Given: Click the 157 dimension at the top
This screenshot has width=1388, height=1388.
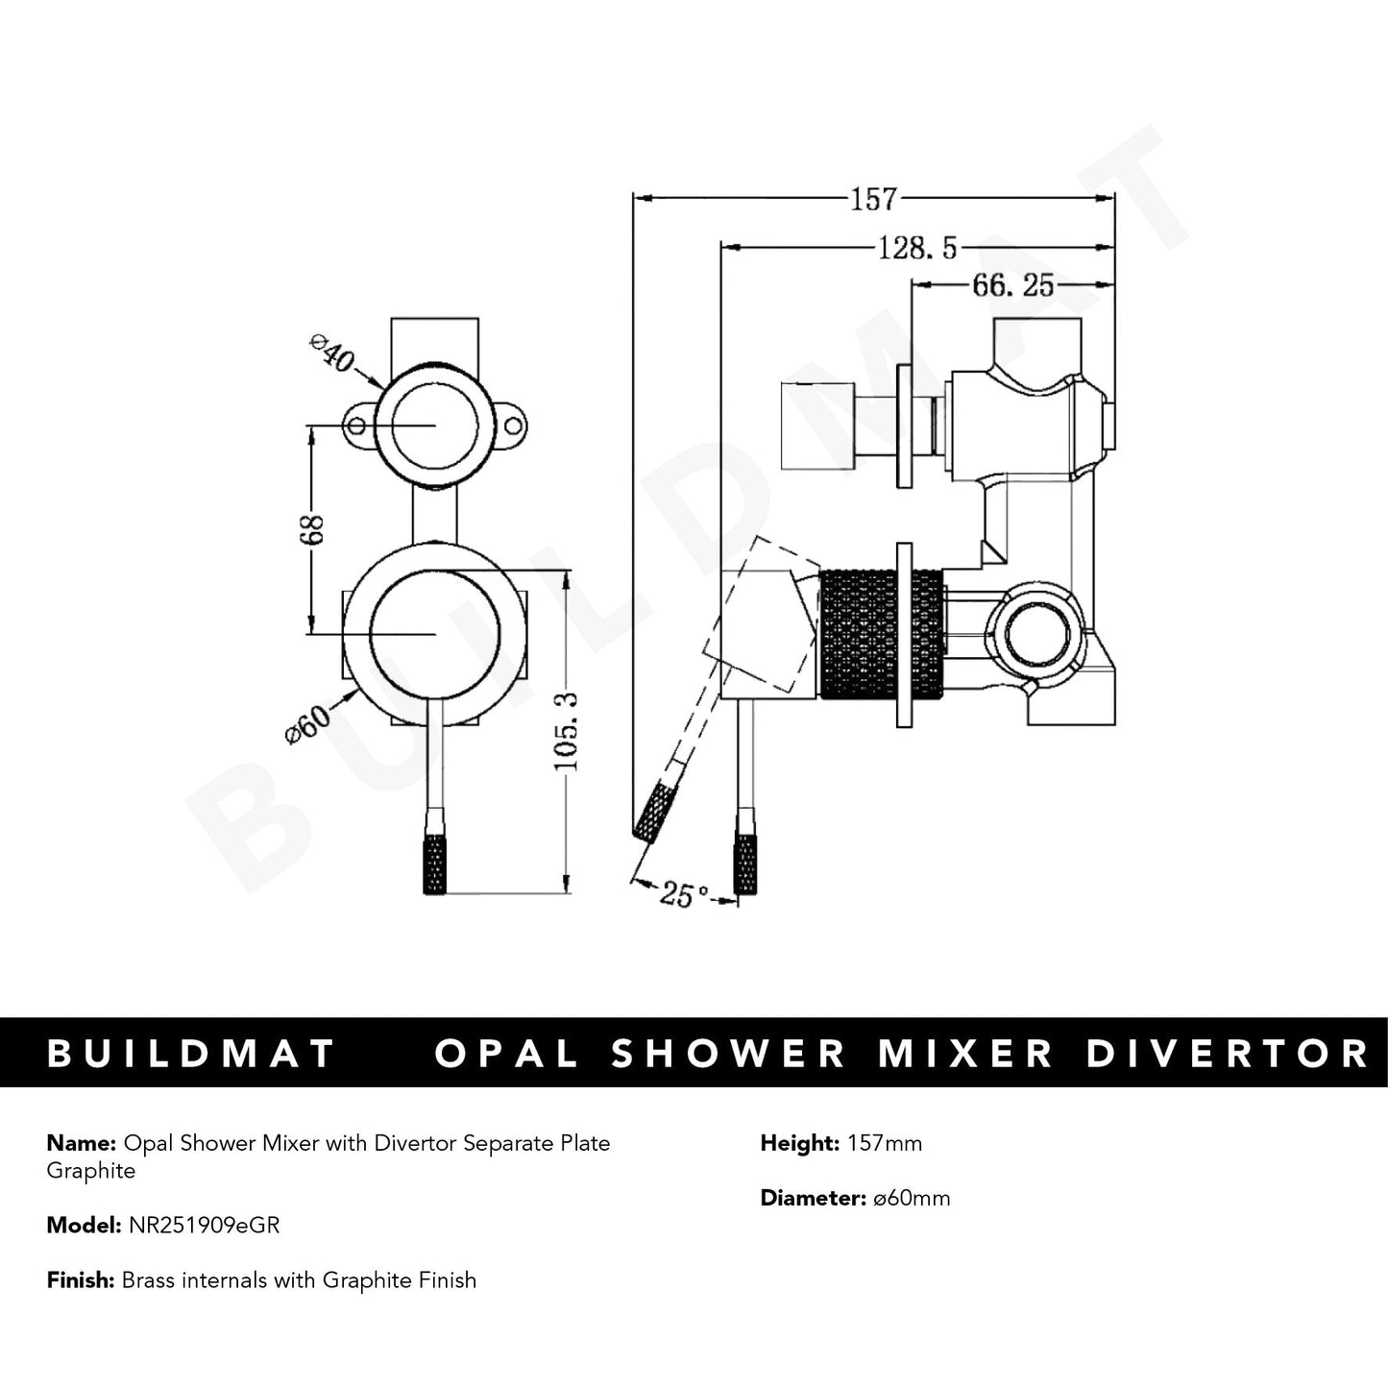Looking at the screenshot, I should pyautogui.click(x=872, y=199).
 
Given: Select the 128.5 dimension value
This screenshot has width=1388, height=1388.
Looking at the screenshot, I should pyautogui.click(x=917, y=249).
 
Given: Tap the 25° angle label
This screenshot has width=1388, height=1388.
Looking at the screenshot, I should pyautogui.click(x=684, y=895).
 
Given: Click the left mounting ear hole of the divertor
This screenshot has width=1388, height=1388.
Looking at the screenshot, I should pyautogui.click(x=357, y=426).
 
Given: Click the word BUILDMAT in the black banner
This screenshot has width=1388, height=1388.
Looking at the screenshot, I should pyautogui.click(x=191, y=1054).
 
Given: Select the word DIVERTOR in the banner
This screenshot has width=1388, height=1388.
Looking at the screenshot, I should pyautogui.click(x=1227, y=1054).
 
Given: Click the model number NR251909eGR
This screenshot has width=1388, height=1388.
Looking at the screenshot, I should pyautogui.click(x=201, y=1226).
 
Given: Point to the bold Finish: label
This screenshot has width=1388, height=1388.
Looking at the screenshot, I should pyautogui.click(x=81, y=1280).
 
